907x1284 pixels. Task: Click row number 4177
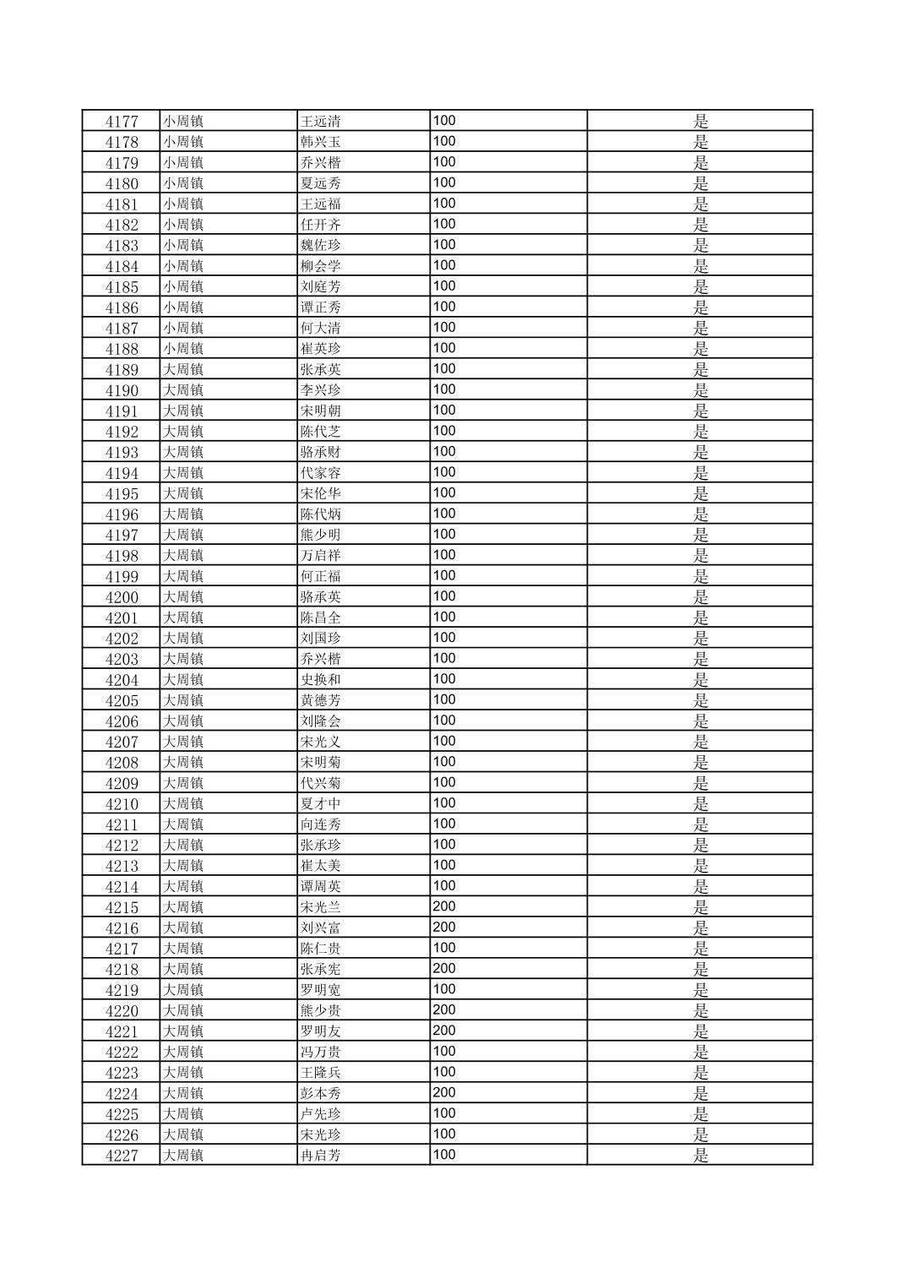tap(121, 121)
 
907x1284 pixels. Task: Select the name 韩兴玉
tap(320, 142)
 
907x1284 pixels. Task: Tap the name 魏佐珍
tap(320, 245)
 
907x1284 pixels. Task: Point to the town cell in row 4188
tap(183, 349)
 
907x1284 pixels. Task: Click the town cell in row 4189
tap(183, 369)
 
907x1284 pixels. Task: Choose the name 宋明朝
tap(320, 411)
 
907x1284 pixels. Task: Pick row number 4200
tap(121, 597)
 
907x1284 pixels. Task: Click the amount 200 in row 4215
tap(444, 906)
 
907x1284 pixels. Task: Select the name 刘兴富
tap(320, 928)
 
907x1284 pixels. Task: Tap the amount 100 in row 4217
tap(444, 948)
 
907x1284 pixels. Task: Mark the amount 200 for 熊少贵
tap(444, 1010)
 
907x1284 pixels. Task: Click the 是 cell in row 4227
tap(700, 1156)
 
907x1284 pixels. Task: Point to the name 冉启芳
tap(320, 1156)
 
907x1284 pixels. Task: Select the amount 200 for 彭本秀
tap(444, 1093)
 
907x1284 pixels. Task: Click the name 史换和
tap(320, 680)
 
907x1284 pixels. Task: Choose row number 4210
tap(121, 804)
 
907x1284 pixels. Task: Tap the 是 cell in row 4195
tap(700, 493)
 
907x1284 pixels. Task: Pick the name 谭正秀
tap(320, 307)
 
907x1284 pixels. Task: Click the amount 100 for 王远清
tap(444, 121)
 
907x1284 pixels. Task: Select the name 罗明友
tap(320, 1031)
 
